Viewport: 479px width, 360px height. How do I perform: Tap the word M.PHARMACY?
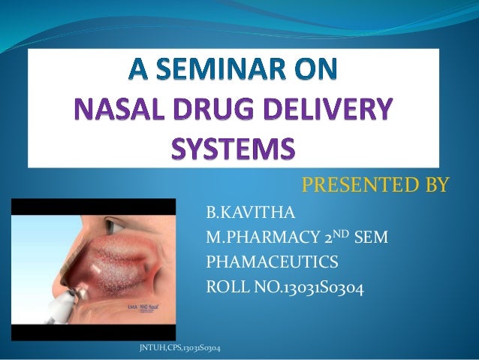[x=260, y=239]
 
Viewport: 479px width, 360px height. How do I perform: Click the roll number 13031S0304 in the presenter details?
[x=316, y=286]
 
